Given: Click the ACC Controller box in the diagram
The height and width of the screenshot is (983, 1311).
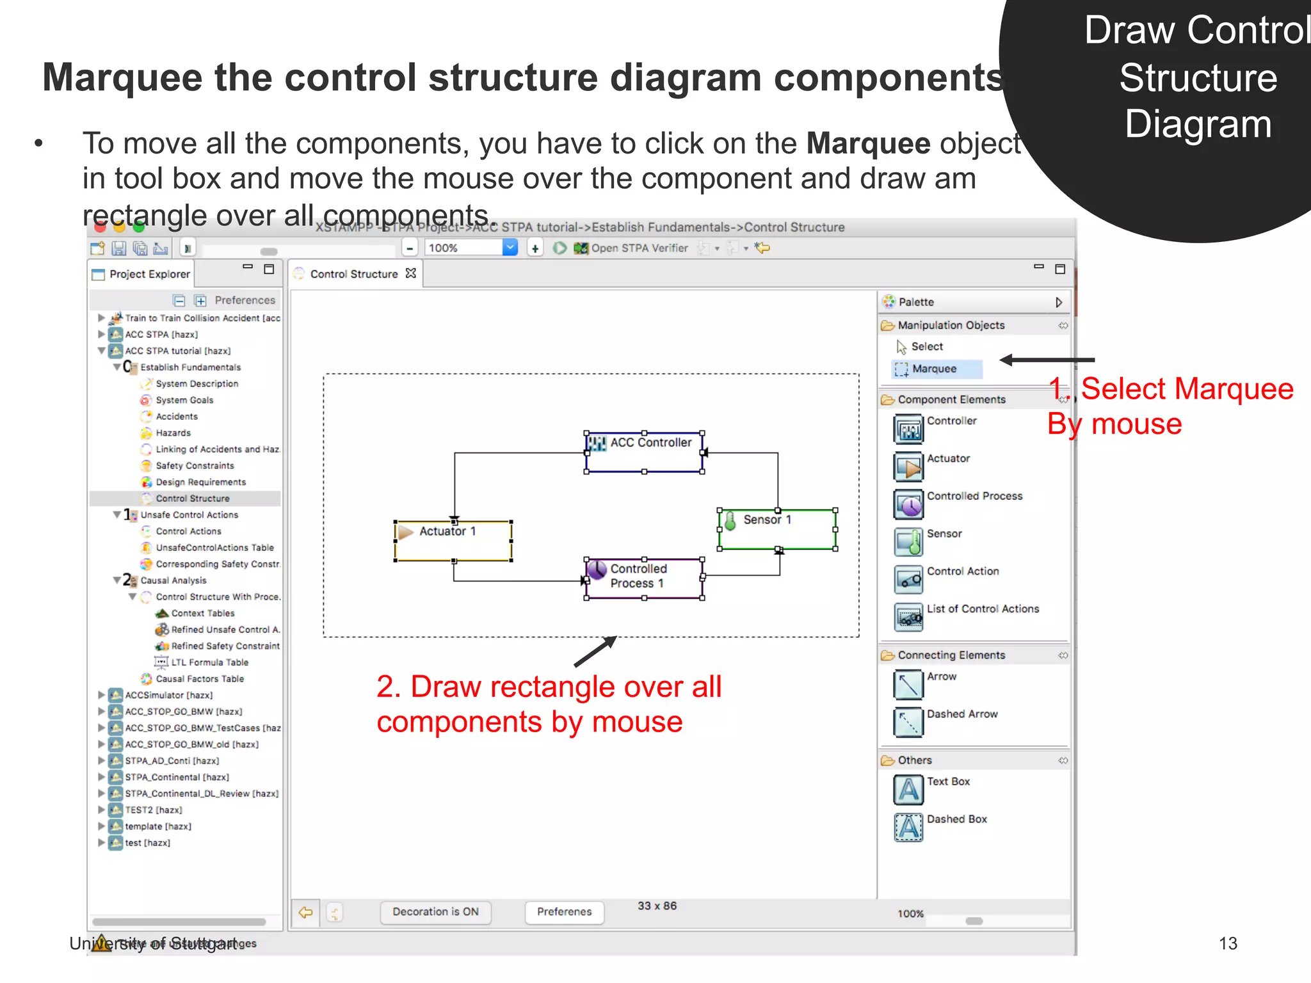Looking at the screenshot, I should click(644, 452).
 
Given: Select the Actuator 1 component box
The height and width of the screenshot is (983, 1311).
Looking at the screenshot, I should click(453, 541).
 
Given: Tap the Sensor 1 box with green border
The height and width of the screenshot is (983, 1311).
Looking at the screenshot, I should click(777, 529).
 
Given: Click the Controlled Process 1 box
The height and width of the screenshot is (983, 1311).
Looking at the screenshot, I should click(644, 579).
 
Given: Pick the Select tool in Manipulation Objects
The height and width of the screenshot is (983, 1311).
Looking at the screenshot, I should click(926, 347).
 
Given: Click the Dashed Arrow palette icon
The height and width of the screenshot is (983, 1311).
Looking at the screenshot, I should click(908, 721).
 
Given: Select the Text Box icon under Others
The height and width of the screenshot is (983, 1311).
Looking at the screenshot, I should click(908, 789).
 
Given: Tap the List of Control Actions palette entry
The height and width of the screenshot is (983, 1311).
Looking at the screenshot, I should click(982, 609).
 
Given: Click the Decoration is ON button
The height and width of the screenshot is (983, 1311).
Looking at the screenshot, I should click(435, 912).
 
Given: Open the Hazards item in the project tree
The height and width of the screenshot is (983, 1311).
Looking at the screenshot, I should click(173, 433).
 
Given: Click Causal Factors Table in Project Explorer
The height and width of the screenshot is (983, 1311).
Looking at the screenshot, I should click(199, 679).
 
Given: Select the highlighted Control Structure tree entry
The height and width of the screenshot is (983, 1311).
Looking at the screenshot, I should click(192, 499).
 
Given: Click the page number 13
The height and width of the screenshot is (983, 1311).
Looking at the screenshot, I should click(1227, 943).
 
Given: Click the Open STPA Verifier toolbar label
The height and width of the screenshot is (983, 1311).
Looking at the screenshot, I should click(639, 248).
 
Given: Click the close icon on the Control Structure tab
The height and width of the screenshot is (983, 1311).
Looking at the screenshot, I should click(411, 273).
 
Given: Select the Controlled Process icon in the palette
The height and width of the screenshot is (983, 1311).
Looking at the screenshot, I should click(908, 504).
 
